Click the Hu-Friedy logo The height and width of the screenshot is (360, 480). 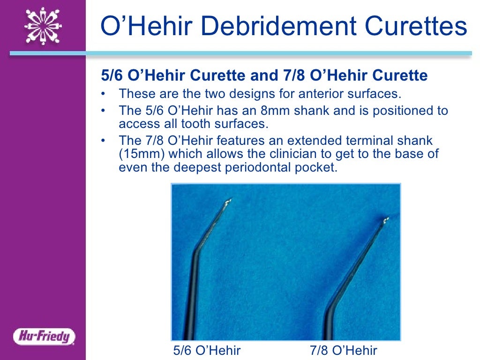[x=44, y=336]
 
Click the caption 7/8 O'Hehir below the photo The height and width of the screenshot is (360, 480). [x=343, y=351]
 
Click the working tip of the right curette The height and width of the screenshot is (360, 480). [x=385, y=219]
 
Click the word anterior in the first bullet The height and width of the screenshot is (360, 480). [x=298, y=94]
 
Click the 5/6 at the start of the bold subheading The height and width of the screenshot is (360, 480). [x=111, y=76]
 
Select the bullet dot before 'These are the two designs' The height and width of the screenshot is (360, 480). [x=104, y=94]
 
